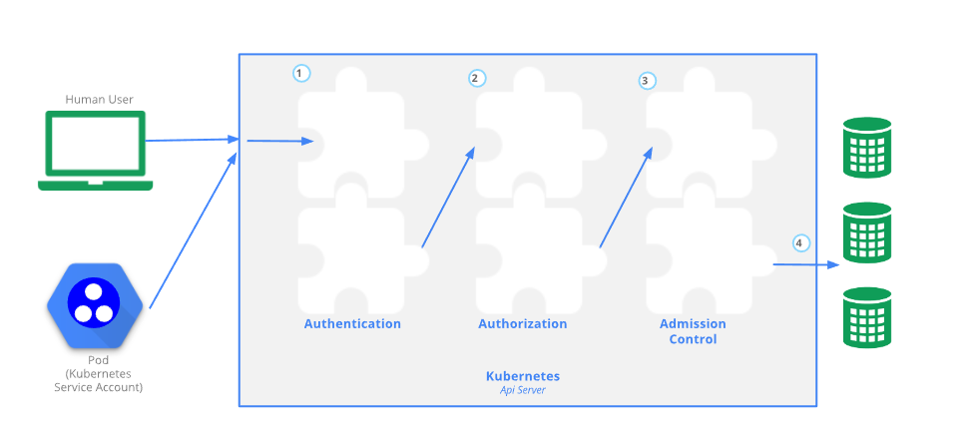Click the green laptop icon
point(96,150)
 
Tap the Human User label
point(100,99)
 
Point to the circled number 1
point(301,73)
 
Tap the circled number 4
point(800,242)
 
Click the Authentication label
point(352,324)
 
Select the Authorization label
point(523,324)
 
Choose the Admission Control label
point(693,331)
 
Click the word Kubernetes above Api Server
point(522,376)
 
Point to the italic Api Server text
point(522,390)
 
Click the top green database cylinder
point(866,147)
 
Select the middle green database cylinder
point(866,232)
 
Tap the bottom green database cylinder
point(866,317)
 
